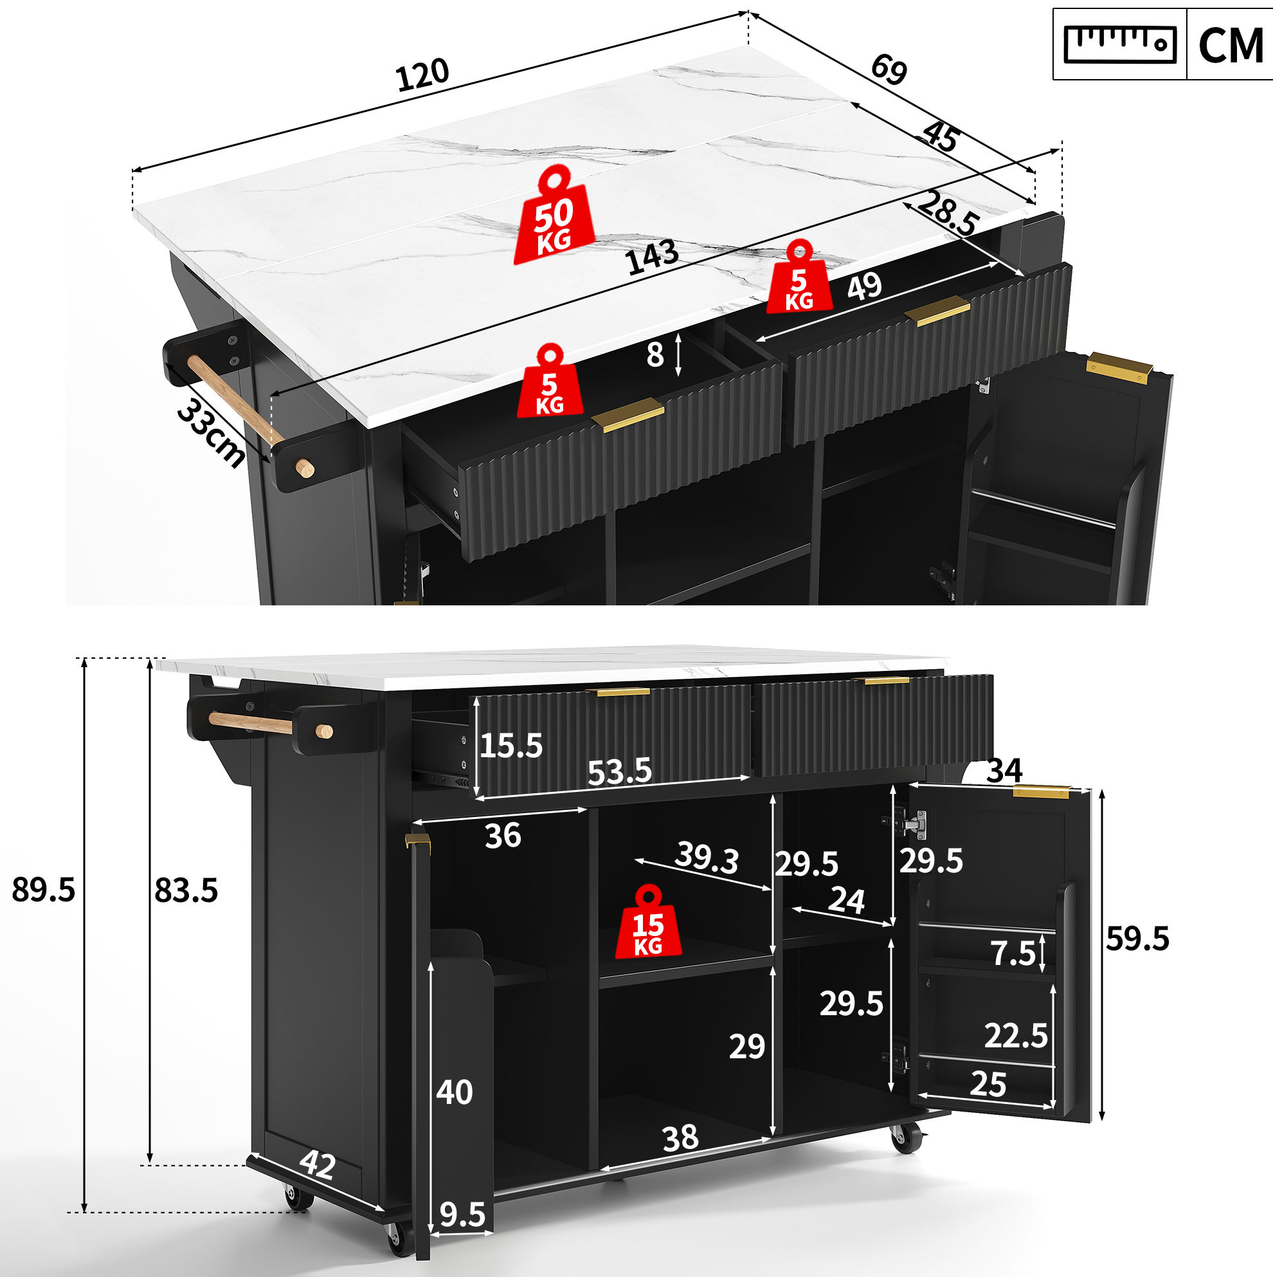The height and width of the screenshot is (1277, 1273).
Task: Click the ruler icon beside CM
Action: pos(1120,44)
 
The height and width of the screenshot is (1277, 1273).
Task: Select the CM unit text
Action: pos(1231,46)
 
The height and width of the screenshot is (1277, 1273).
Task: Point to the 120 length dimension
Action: pos(423,75)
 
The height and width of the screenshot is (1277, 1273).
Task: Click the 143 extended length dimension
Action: pos(653,257)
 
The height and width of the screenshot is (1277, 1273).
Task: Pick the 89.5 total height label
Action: pos(44,890)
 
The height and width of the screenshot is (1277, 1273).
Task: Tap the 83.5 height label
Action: pos(186,890)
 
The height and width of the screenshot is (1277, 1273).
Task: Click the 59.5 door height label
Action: pos(1137,939)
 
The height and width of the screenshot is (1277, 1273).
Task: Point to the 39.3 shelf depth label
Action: pos(706,858)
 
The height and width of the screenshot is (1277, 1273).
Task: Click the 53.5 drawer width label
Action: pos(620,771)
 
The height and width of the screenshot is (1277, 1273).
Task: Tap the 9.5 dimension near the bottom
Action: pos(462,1215)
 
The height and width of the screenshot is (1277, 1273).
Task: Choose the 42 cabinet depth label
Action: pos(318,1164)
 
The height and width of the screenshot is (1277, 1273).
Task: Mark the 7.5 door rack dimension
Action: pos(1013,953)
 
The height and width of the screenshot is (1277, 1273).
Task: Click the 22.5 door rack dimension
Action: pos(1016,1036)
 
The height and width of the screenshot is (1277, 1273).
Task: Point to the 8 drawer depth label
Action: pos(655,356)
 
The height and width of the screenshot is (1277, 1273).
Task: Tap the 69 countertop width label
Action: pos(889,69)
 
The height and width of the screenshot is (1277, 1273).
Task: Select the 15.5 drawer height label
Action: pos(510,746)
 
